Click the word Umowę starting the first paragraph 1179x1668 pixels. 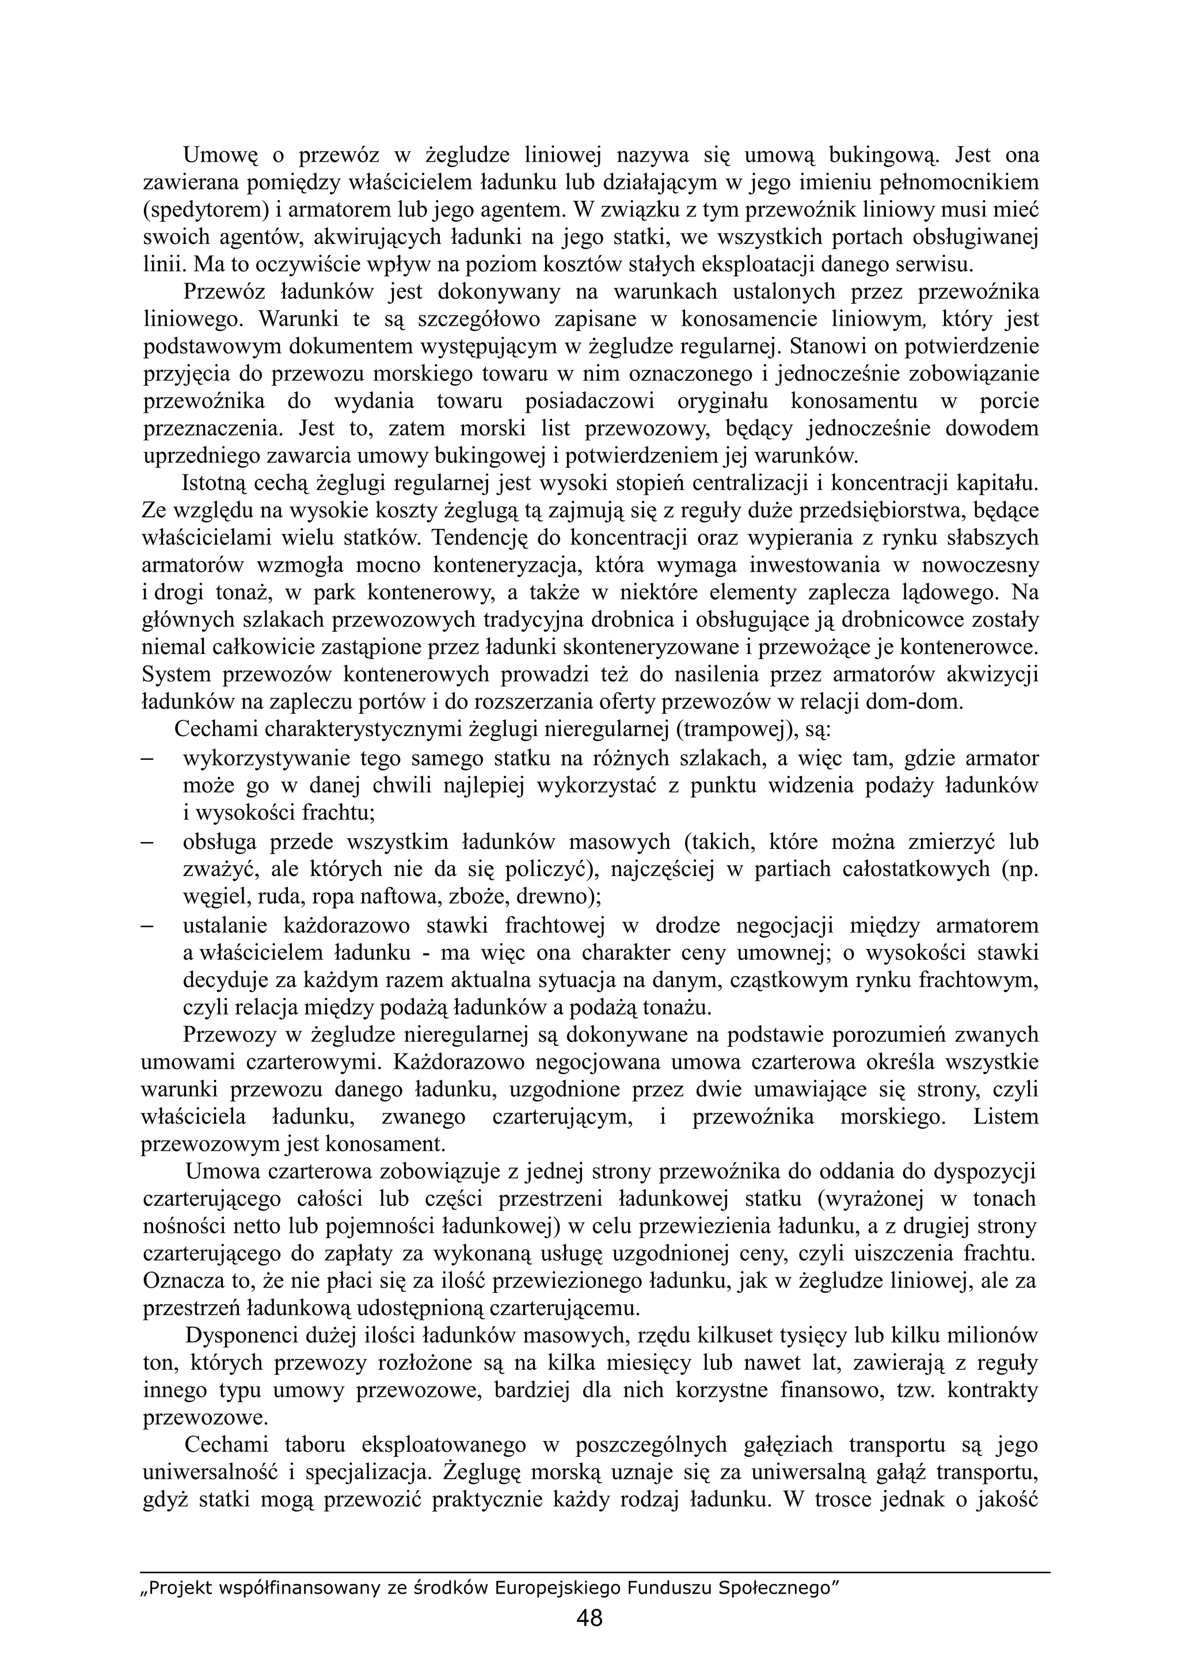220,155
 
